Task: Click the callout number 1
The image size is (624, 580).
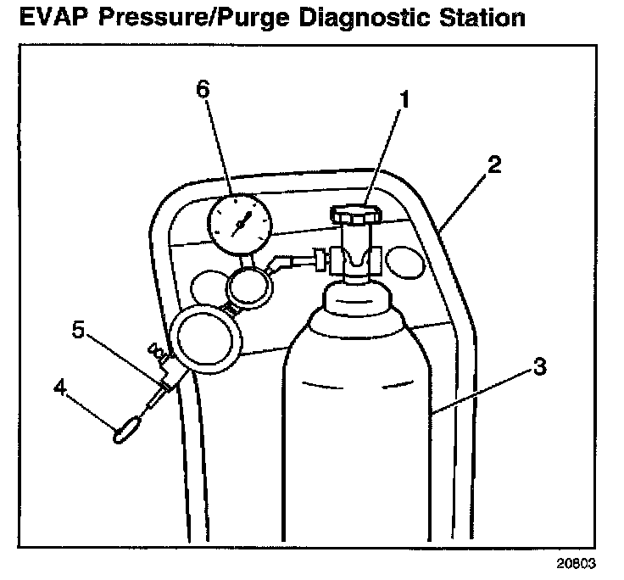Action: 404,101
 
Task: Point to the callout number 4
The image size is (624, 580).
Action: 58,388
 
